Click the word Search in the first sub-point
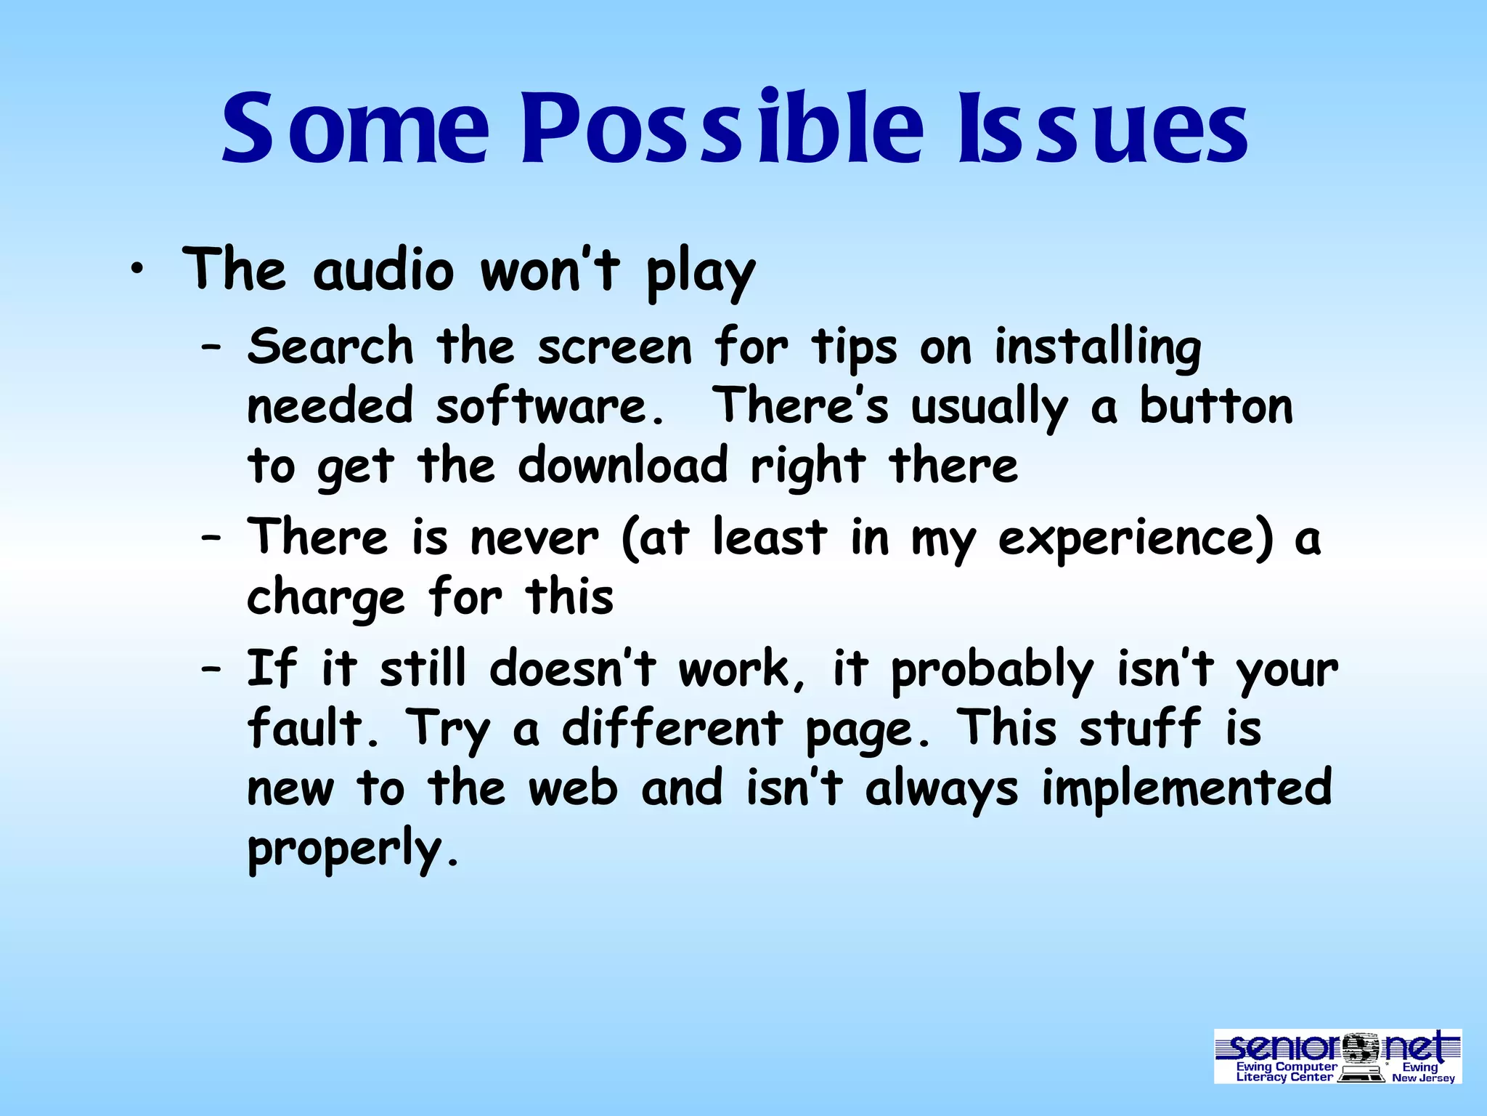[330, 347]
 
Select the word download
[622, 466]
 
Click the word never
[534, 538]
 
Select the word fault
[313, 728]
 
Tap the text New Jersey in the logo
[1423, 1078]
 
